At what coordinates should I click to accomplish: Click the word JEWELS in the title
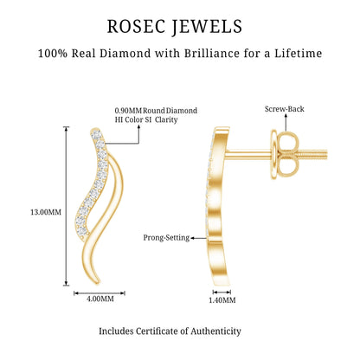click(x=208, y=28)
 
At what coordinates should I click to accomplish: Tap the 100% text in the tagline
click(x=53, y=54)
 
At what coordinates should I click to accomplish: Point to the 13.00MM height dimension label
click(x=46, y=212)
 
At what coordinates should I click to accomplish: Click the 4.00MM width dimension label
click(x=100, y=299)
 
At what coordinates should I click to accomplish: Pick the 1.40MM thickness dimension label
click(x=222, y=300)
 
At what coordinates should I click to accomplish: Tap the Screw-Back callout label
click(x=285, y=109)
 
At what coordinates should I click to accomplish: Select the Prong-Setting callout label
click(x=166, y=238)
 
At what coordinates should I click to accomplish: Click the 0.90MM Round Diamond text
click(x=156, y=111)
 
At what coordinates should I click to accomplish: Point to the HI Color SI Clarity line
click(x=146, y=119)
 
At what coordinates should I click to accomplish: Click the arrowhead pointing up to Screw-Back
click(x=286, y=115)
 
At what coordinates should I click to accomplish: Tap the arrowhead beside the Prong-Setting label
click(x=192, y=238)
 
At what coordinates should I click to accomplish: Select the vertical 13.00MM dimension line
click(x=67, y=206)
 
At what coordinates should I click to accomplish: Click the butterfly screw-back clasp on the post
click(x=284, y=155)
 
